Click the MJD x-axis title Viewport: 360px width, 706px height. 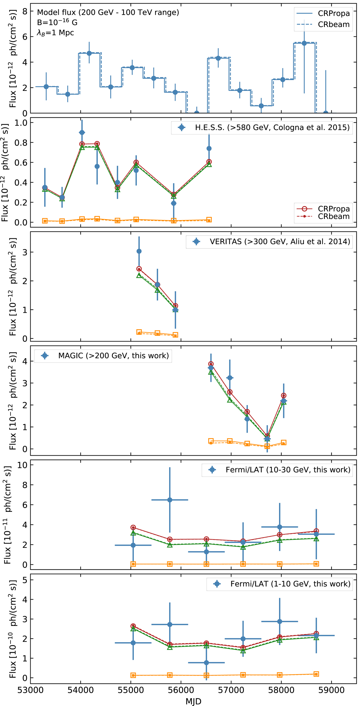coord(193,701)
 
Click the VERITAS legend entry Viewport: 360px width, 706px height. coord(280,242)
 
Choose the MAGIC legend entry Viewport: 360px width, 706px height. coord(113,356)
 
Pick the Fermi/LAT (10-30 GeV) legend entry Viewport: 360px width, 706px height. coord(288,469)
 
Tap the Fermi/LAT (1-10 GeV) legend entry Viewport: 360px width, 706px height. coord(290,584)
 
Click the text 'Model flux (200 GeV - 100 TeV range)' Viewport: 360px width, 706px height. coord(108,12)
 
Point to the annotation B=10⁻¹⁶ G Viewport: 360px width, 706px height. coord(57,22)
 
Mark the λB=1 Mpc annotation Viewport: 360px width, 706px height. coord(55,32)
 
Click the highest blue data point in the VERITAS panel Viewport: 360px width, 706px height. coord(139,251)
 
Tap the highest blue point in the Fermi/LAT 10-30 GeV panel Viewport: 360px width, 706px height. coord(170,500)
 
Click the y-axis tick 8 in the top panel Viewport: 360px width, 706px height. coord(25,11)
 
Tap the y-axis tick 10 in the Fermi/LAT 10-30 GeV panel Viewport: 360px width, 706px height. coord(23,465)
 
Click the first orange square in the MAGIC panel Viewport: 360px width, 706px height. coord(211,441)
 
